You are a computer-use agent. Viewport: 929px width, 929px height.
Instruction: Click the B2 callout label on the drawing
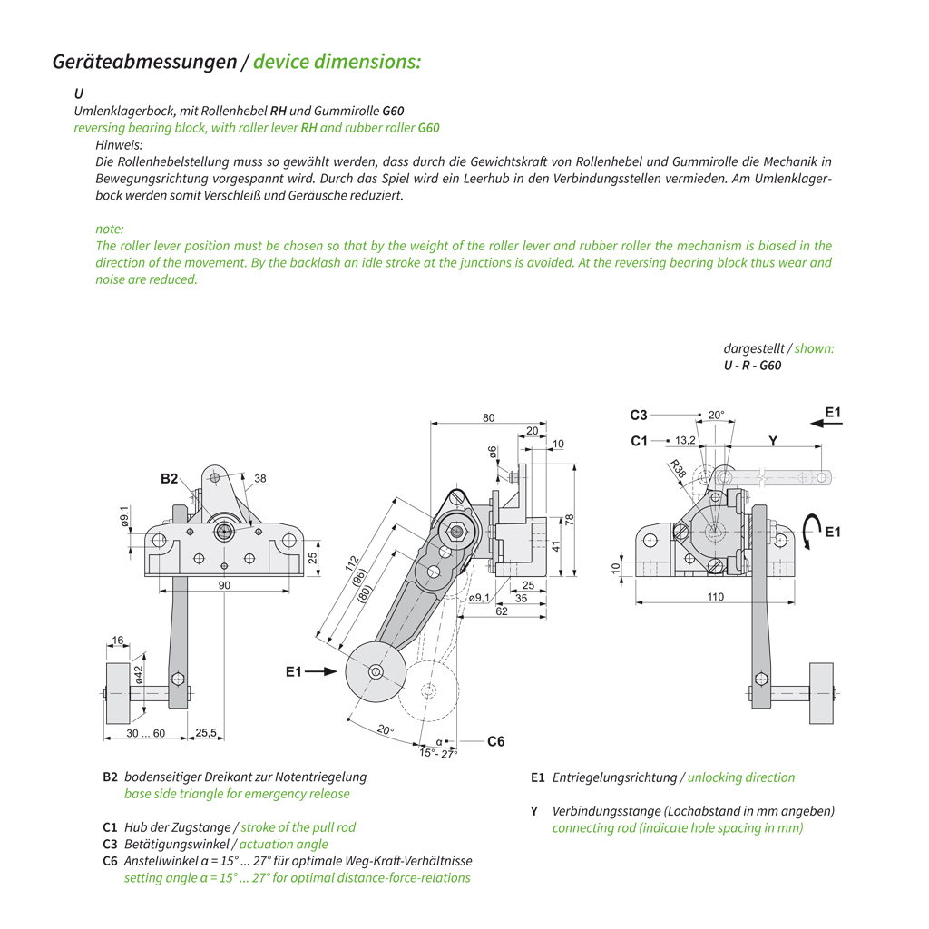pyautogui.click(x=170, y=478)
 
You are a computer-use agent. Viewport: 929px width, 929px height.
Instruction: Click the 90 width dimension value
pyautogui.click(x=224, y=586)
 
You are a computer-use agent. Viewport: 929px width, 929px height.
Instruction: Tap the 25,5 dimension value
pyautogui.click(x=207, y=733)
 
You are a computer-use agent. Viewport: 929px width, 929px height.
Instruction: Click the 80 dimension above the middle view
pyautogui.click(x=489, y=418)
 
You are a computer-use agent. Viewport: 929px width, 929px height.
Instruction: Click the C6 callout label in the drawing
pyautogui.click(x=495, y=741)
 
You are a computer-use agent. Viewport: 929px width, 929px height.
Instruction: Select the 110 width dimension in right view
pyautogui.click(x=716, y=597)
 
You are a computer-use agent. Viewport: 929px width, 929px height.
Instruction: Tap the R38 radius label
pyautogui.click(x=678, y=468)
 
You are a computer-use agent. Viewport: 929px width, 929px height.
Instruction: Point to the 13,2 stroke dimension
pyautogui.click(x=686, y=440)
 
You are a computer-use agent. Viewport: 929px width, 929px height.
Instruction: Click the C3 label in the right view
pyautogui.click(x=639, y=416)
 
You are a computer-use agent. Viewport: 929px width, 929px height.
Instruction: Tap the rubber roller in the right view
pyautogui.click(x=821, y=694)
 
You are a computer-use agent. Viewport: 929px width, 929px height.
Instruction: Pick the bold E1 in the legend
pyautogui.click(x=538, y=777)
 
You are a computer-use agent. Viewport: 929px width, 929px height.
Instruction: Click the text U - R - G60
pyautogui.click(x=752, y=366)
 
